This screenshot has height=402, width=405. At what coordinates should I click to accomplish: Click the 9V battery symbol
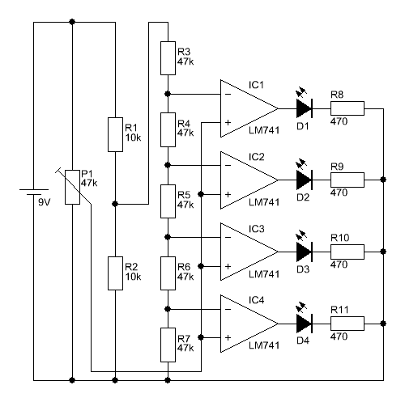pyautogui.click(x=34, y=192)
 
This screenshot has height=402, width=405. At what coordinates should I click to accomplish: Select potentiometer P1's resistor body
pyautogui.click(x=72, y=187)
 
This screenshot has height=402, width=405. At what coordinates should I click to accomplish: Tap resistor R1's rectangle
pyautogui.click(x=115, y=134)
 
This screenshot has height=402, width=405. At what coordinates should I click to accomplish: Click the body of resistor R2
pyautogui.click(x=115, y=273)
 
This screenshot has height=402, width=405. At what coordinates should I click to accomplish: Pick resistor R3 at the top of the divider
pyautogui.click(x=168, y=58)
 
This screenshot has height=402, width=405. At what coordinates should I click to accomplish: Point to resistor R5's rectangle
pyautogui.click(x=168, y=201)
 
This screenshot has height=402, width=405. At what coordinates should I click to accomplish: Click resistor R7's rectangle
pyautogui.click(x=168, y=345)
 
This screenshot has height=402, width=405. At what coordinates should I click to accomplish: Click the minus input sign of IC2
pyautogui.click(x=228, y=165)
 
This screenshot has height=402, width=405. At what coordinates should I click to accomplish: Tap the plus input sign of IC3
pyautogui.click(x=228, y=266)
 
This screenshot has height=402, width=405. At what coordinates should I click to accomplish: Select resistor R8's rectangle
pyautogui.click(x=347, y=108)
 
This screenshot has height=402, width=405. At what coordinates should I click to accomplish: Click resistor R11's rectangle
pyautogui.click(x=347, y=324)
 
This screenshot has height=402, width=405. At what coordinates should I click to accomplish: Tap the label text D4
pyautogui.click(x=303, y=341)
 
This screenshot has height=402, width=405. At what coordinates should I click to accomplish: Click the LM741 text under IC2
pyautogui.click(x=264, y=202)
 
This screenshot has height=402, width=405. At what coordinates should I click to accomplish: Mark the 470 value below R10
pyautogui.click(x=339, y=264)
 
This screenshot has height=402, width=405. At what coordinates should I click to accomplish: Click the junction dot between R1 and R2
pyautogui.click(x=115, y=204)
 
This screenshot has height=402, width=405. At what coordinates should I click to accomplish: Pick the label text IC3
pyautogui.click(x=257, y=229)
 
